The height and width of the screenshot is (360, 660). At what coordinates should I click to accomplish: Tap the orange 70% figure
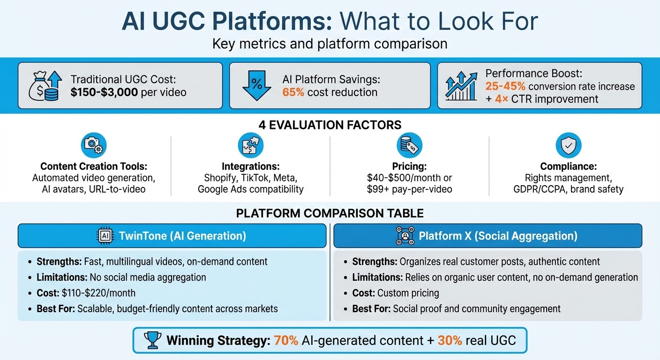pyautogui.click(x=285, y=340)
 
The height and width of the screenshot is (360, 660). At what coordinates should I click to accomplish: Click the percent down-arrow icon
pyautogui.click(x=257, y=86)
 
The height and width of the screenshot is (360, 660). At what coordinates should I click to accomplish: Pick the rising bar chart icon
pyautogui.click(x=462, y=85)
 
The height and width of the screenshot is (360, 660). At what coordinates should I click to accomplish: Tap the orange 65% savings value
pyautogui.click(x=293, y=92)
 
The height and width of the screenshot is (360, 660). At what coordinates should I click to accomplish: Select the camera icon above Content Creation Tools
pyautogui.click(x=94, y=146)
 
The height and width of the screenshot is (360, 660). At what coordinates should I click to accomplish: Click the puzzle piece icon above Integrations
pyautogui.click(x=251, y=146)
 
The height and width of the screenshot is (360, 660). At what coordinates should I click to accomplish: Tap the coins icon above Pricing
pyautogui.click(x=409, y=146)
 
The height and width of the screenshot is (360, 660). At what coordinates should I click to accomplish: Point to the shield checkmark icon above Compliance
pyautogui.click(x=568, y=146)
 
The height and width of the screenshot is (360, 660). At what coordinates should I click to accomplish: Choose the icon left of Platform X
pyautogui.click(x=405, y=235)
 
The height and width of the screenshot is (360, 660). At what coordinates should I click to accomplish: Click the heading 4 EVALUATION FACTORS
pyautogui.click(x=330, y=125)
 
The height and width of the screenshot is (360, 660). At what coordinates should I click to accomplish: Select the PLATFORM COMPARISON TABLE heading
pyautogui.click(x=330, y=214)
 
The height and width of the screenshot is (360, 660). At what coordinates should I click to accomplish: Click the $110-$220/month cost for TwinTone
pyautogui.click(x=98, y=293)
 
